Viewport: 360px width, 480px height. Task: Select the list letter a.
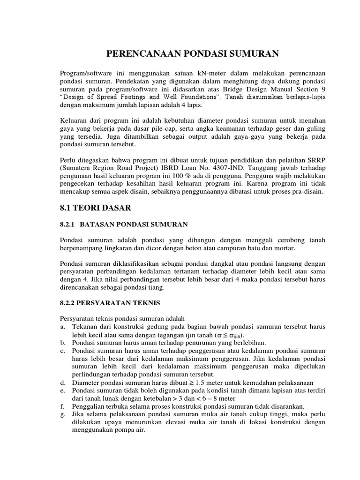[x=64, y=326]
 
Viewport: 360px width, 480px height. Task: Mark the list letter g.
[x=64, y=415]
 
